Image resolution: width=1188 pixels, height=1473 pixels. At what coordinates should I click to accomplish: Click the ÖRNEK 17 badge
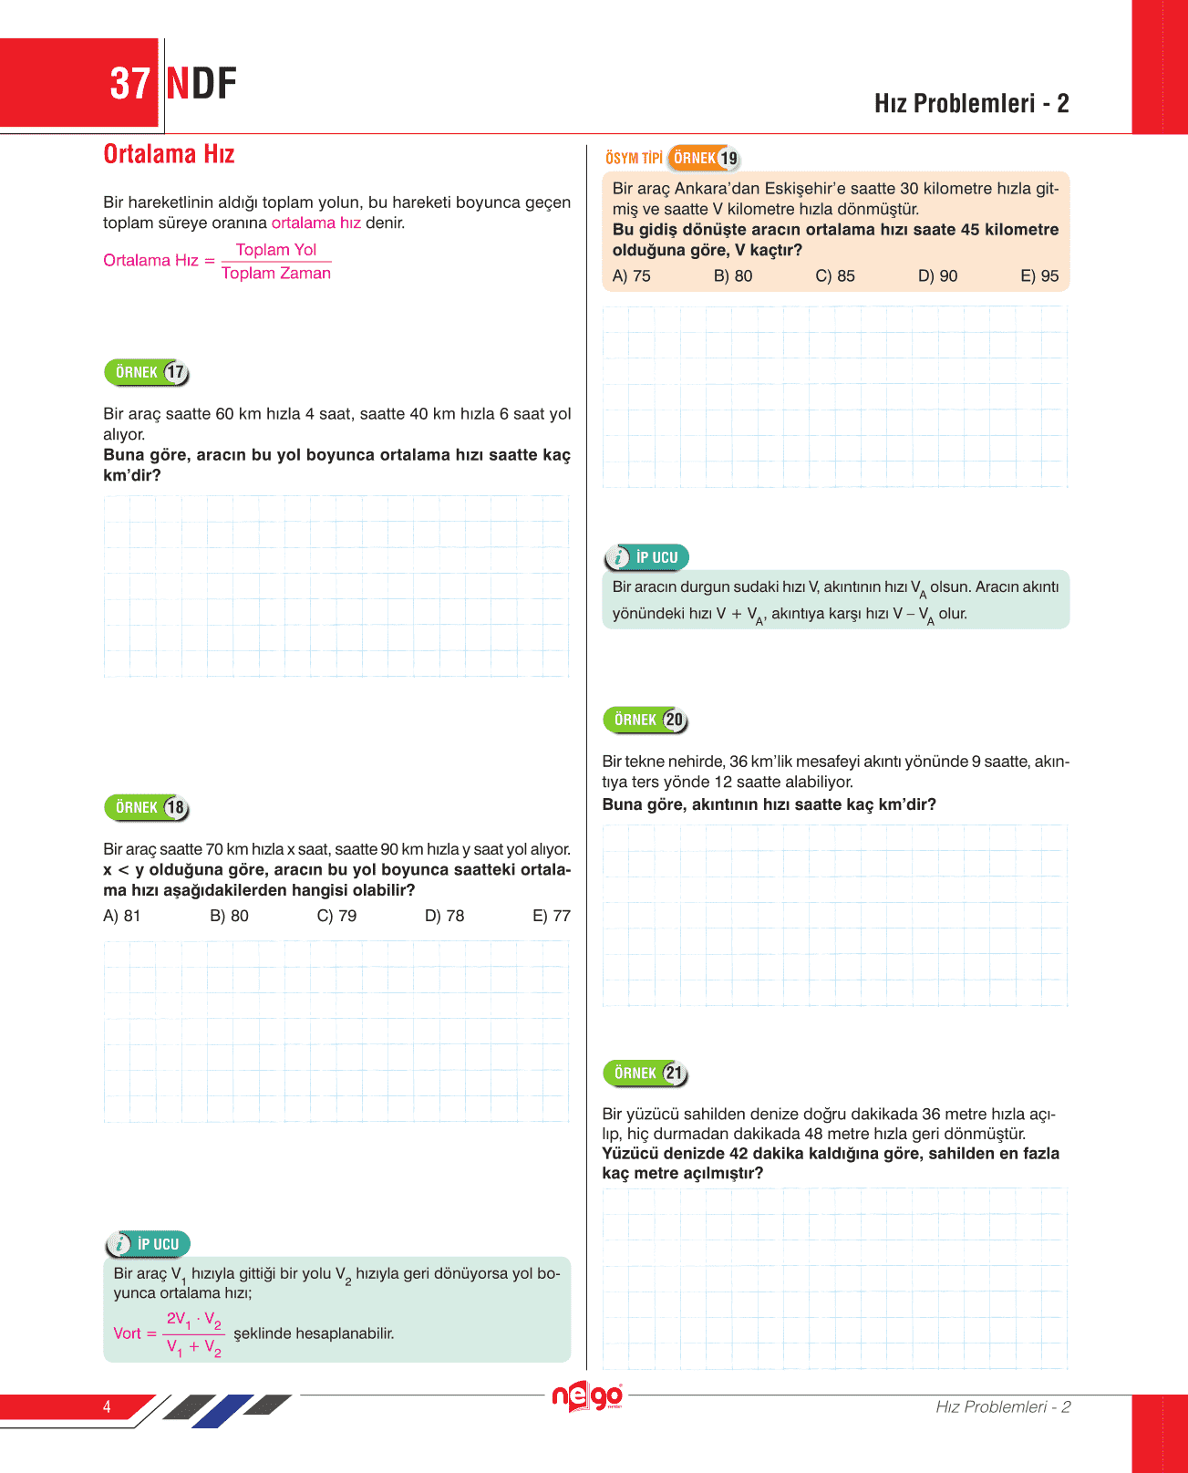click(x=147, y=372)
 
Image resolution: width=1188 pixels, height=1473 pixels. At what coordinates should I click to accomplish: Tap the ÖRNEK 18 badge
click(x=147, y=807)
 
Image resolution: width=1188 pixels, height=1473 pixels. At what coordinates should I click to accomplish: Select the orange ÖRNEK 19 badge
click(x=704, y=158)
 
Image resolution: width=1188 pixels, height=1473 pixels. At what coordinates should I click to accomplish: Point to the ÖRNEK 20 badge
click(x=646, y=720)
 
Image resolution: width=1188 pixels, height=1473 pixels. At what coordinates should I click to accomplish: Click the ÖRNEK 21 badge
click(x=646, y=1073)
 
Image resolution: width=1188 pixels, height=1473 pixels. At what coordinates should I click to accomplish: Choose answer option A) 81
click(x=122, y=916)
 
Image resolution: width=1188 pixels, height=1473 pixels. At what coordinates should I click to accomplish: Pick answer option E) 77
click(x=552, y=916)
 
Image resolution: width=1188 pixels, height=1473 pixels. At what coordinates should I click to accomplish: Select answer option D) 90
click(x=937, y=275)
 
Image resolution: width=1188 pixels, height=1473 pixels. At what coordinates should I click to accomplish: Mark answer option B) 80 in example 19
click(x=733, y=275)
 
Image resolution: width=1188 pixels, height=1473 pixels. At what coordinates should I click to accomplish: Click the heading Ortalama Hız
click(x=169, y=154)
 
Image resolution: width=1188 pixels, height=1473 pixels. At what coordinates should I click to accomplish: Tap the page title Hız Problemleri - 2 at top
click(x=971, y=103)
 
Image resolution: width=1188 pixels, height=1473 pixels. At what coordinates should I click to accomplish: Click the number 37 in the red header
click(x=129, y=84)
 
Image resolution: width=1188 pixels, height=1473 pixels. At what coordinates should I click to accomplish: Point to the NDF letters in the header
click(x=201, y=84)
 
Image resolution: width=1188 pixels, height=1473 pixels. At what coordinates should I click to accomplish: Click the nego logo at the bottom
click(x=587, y=1396)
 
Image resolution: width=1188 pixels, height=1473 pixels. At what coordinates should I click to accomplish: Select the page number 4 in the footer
click(x=107, y=1406)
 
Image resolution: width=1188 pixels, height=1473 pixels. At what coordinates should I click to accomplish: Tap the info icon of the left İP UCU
click(x=119, y=1244)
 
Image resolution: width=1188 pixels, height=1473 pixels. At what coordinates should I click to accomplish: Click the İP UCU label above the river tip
click(x=656, y=557)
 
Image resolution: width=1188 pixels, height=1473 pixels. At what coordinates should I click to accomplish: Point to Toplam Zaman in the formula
click(x=276, y=273)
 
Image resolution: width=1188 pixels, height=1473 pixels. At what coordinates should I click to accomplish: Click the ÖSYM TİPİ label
click(x=634, y=158)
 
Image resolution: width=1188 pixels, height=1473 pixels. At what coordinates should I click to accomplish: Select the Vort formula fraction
click(x=193, y=1333)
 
